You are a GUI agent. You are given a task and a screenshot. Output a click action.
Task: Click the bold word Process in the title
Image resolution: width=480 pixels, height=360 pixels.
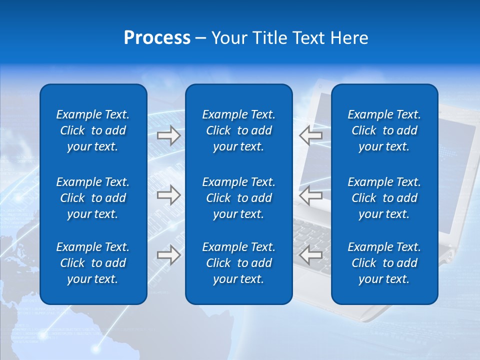coord(157,38)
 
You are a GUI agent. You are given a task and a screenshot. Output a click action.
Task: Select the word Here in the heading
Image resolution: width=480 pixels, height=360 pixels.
coord(349,38)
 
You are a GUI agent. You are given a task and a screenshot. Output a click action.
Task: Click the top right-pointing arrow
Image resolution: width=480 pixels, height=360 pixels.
coord(168,135)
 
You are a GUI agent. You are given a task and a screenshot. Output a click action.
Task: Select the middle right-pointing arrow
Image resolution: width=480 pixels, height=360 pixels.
coord(168,195)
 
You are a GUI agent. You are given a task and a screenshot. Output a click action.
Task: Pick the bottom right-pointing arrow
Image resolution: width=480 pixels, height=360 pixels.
coord(168,255)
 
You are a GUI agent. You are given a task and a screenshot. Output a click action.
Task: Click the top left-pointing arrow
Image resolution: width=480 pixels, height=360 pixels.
coord(311,135)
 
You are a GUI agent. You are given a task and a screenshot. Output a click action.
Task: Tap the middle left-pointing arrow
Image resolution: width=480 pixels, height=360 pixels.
coord(311,195)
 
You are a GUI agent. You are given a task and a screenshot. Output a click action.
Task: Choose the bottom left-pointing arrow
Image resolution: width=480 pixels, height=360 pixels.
coord(311,255)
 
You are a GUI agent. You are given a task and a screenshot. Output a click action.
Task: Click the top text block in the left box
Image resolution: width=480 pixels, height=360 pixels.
coord(93,130)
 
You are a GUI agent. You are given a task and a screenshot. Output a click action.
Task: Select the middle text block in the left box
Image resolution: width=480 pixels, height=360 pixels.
coord(93,198)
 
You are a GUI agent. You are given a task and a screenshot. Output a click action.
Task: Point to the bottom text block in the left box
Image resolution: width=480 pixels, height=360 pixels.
coord(93,263)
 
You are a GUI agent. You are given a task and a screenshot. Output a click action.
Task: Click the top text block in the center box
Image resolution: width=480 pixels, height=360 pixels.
coord(238,130)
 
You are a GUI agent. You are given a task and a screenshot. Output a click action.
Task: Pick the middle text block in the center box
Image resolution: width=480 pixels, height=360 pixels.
coord(238,198)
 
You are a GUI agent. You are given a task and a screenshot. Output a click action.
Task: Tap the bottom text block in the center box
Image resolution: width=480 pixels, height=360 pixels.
coord(238,263)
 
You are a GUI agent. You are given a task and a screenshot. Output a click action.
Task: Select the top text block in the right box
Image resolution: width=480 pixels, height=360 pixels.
coord(384,130)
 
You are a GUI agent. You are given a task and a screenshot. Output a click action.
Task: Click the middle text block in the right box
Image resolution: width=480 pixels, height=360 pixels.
coord(384,198)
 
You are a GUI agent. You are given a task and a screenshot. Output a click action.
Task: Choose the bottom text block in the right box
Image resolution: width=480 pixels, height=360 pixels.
coord(384,263)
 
